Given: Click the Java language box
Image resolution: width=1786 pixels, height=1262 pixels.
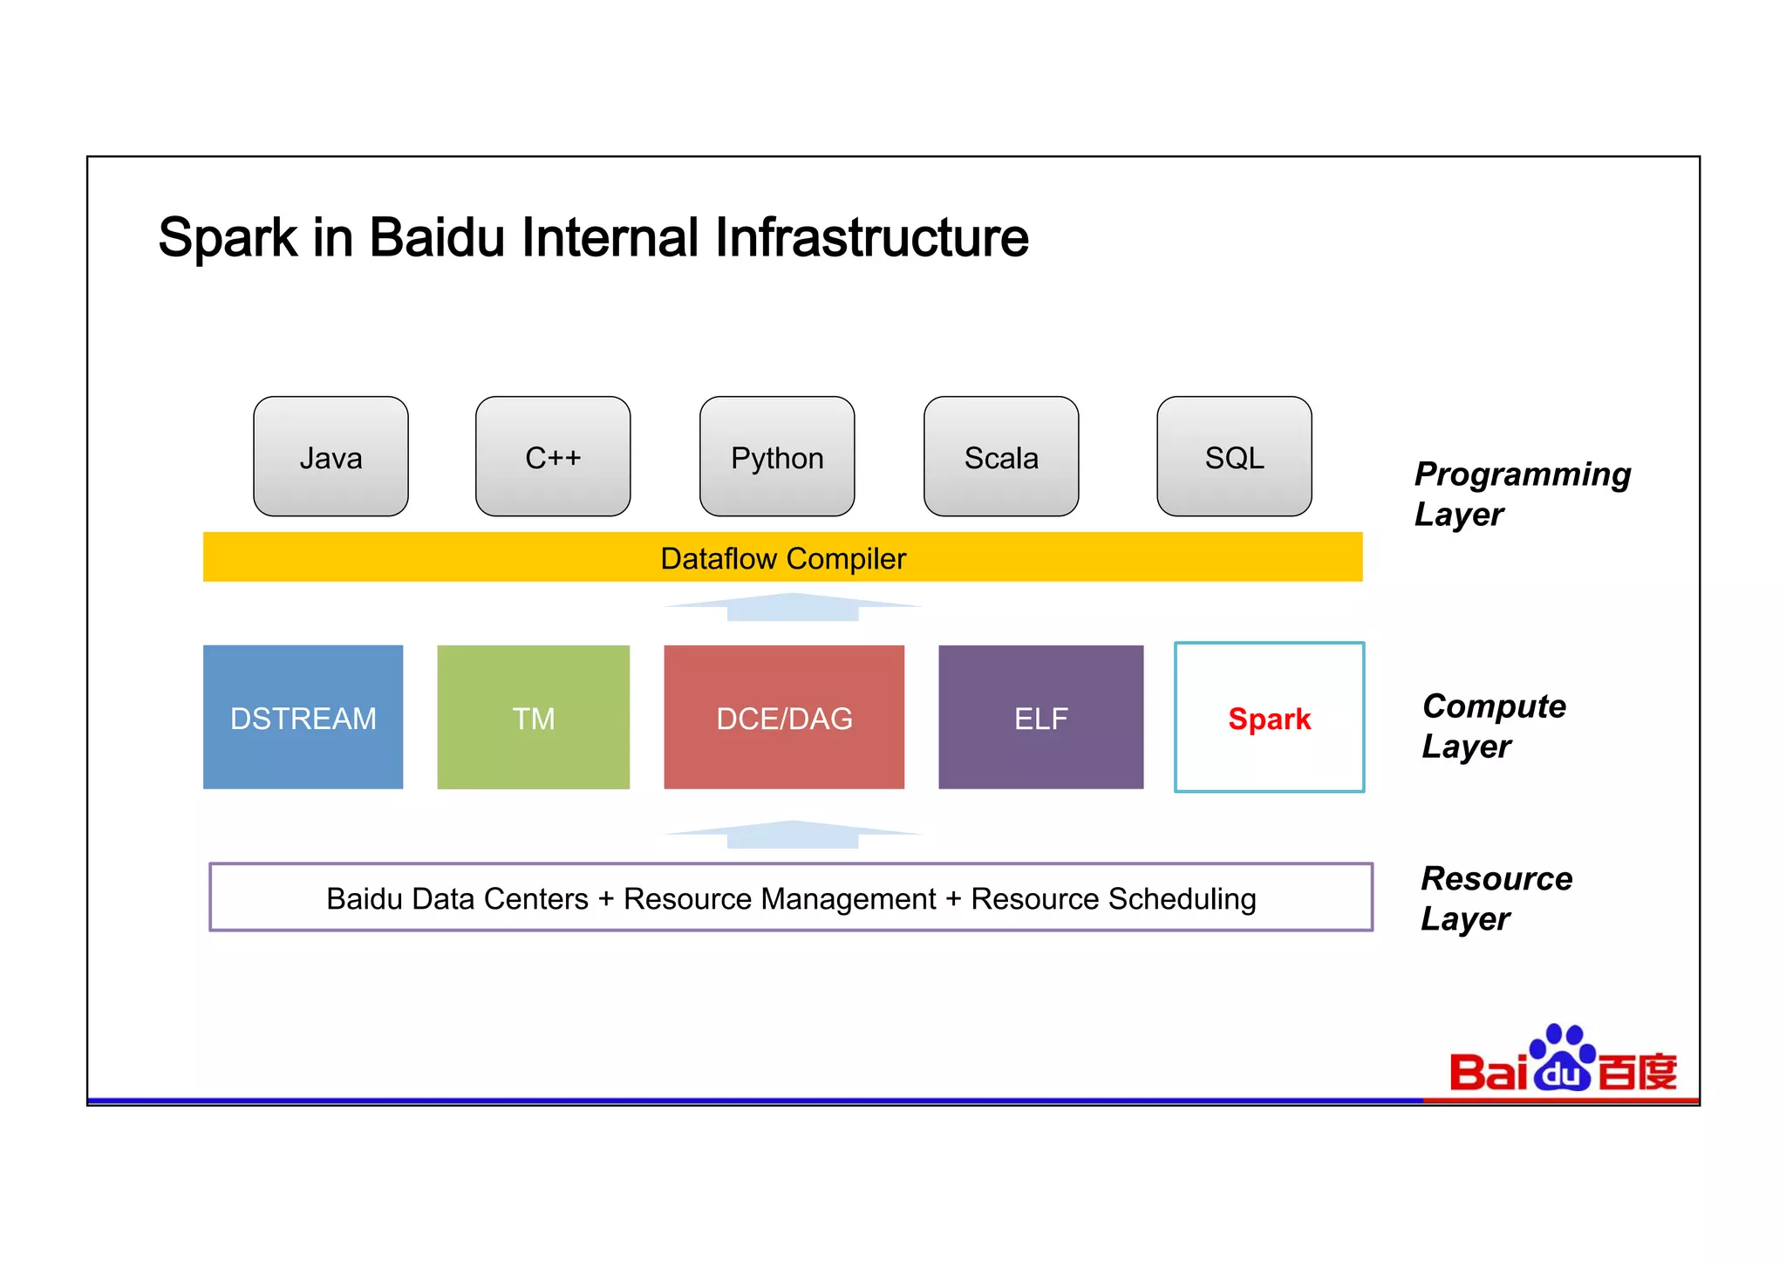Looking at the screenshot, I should coord(331,457).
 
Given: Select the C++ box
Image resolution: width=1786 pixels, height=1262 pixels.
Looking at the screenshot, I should coord(553,457).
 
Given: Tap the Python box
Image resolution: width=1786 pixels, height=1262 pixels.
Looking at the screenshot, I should coord(777,457).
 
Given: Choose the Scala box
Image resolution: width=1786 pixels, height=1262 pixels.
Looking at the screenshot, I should coord(1001,457).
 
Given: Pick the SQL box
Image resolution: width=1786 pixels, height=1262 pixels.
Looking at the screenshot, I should coord(1234,457).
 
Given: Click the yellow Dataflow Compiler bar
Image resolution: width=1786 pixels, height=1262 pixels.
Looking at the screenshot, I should coord(782,557).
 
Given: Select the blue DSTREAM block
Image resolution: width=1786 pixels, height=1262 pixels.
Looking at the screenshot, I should coord(303,718).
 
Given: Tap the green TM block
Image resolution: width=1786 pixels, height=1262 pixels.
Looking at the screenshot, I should coord(533,718).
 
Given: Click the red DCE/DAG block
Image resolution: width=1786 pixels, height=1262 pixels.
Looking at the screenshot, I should coord(784,718).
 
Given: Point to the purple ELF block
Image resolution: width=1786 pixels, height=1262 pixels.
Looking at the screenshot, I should coord(1040,718).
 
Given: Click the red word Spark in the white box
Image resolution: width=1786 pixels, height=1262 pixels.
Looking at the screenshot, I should coord(1269,719).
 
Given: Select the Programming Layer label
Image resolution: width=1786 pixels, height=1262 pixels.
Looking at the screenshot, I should coord(1521,494).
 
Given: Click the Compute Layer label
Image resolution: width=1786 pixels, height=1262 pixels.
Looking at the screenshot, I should coord(1493,726).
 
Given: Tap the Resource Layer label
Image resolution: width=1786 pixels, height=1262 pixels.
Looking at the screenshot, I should coord(1496,897).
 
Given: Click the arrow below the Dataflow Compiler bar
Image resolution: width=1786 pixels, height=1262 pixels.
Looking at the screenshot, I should coord(792,607).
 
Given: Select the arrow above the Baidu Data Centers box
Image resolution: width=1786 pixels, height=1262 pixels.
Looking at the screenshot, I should coord(792,835).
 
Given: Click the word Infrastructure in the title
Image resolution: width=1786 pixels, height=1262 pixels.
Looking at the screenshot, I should coord(871,237).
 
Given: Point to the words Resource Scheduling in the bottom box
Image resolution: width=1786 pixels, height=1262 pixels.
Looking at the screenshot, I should coord(1114,898).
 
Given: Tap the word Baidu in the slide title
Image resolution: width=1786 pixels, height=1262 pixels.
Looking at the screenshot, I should coord(437,237).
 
